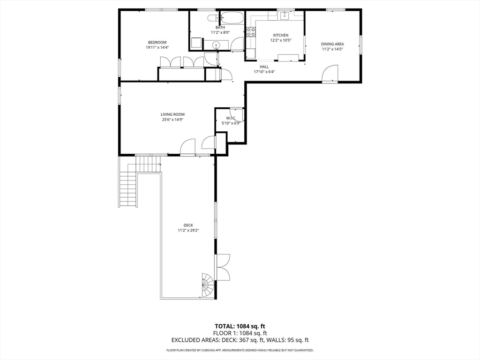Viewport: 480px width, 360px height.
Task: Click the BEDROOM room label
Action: [157, 42]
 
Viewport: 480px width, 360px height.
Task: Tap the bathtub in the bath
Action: [232, 17]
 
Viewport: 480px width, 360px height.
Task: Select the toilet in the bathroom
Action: [212, 18]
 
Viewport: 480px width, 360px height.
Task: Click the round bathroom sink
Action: [217, 45]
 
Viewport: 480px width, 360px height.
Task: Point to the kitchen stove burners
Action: [251, 32]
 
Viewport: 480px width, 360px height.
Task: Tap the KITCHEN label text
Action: [281, 35]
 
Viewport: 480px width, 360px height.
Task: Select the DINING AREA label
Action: [332, 44]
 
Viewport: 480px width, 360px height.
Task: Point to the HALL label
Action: [264, 67]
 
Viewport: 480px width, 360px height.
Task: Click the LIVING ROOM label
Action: [172, 114]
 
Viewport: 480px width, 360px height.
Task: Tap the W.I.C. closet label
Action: [231, 118]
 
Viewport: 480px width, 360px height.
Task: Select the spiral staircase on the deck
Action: [208, 285]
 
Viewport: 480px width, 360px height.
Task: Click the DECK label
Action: [188, 225]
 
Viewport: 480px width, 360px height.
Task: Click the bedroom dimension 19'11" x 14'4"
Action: [157, 47]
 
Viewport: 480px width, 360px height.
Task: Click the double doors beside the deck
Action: [223, 266]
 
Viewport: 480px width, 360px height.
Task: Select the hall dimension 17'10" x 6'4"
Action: [264, 72]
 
